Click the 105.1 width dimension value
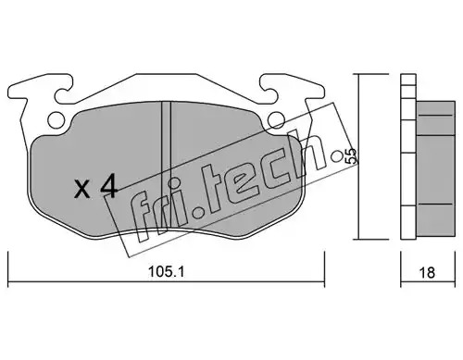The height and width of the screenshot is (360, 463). (166, 272)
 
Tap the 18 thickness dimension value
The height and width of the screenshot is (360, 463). (427, 272)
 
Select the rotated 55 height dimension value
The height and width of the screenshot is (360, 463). (351, 156)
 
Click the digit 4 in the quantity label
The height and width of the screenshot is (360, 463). (109, 185)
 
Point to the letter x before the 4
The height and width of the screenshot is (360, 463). (82, 189)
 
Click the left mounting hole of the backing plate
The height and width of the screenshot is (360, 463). (56, 118)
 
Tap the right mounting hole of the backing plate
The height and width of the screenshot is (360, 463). (276, 119)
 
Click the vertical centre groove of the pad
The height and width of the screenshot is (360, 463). (166, 167)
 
